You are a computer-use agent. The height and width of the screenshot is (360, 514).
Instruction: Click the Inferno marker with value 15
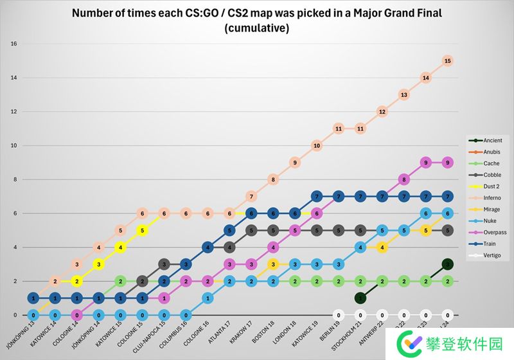(448, 60)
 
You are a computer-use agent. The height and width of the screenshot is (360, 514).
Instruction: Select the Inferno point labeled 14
(425, 78)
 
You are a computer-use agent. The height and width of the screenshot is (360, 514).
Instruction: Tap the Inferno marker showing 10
(316, 146)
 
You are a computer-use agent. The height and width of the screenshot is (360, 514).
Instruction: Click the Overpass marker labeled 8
(403, 179)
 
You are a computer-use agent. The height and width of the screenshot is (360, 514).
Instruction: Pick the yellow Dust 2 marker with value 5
(142, 230)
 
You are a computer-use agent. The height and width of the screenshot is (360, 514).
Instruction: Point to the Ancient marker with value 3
(448, 264)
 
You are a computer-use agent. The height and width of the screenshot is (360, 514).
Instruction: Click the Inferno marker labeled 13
(403, 94)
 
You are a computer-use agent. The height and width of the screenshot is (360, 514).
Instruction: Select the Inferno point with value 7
(251, 196)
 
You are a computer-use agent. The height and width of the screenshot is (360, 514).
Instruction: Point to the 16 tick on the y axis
(13, 44)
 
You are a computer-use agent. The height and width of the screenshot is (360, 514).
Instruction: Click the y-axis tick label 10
(13, 145)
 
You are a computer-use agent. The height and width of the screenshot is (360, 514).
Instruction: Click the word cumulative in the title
(257, 29)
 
